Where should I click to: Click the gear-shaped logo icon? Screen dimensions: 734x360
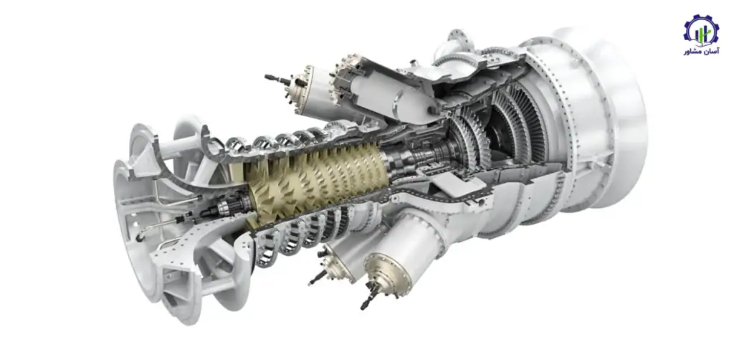tap(701, 30)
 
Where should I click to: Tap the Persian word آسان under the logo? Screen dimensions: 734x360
tap(710, 52)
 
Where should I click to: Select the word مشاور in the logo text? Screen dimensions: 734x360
tap(692, 52)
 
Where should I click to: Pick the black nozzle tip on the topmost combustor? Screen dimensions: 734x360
tap(275, 78)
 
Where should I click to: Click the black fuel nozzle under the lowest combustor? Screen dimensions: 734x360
tap(370, 296)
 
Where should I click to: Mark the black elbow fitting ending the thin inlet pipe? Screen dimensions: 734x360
tap(140, 239)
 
